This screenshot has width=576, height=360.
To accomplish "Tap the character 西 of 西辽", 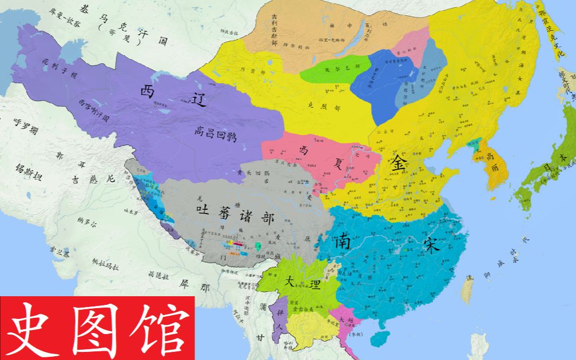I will [x=148, y=92].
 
